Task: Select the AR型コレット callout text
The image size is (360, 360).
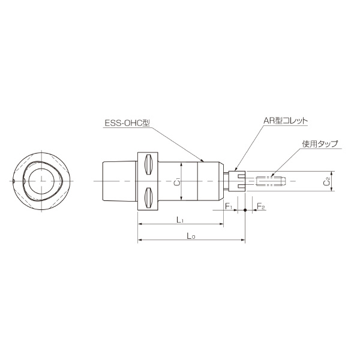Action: (285, 120)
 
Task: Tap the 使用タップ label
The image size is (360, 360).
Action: (320, 144)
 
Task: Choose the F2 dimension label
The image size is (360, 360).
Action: (261, 206)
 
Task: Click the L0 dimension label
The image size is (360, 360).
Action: (191, 236)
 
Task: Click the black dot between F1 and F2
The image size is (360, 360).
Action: (245, 211)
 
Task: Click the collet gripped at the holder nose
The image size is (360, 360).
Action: (237, 181)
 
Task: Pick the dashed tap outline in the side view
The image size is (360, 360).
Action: (268, 181)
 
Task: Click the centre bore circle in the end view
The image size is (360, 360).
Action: (42, 180)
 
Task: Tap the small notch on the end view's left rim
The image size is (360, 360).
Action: (14, 180)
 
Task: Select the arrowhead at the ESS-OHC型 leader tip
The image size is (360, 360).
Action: (204, 161)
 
